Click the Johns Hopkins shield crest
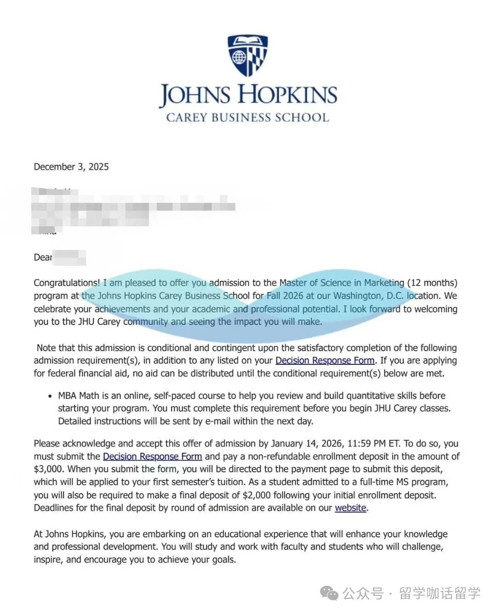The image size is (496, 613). click(248, 55)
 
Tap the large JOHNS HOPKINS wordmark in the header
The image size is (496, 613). click(248, 95)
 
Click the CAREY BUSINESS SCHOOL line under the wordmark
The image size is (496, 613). click(248, 117)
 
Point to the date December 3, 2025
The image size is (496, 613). click(71, 167)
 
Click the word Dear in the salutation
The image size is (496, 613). click(43, 257)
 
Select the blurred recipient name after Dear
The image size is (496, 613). click(69, 257)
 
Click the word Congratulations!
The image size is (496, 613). click(67, 283)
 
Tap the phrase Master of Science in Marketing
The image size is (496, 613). click(342, 283)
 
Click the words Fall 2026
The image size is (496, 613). click(285, 295)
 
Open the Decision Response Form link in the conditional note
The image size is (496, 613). click(325, 361)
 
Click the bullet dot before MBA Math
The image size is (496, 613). click(50, 396)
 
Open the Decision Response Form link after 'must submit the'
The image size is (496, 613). click(152, 456)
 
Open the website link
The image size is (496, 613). click(350, 508)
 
